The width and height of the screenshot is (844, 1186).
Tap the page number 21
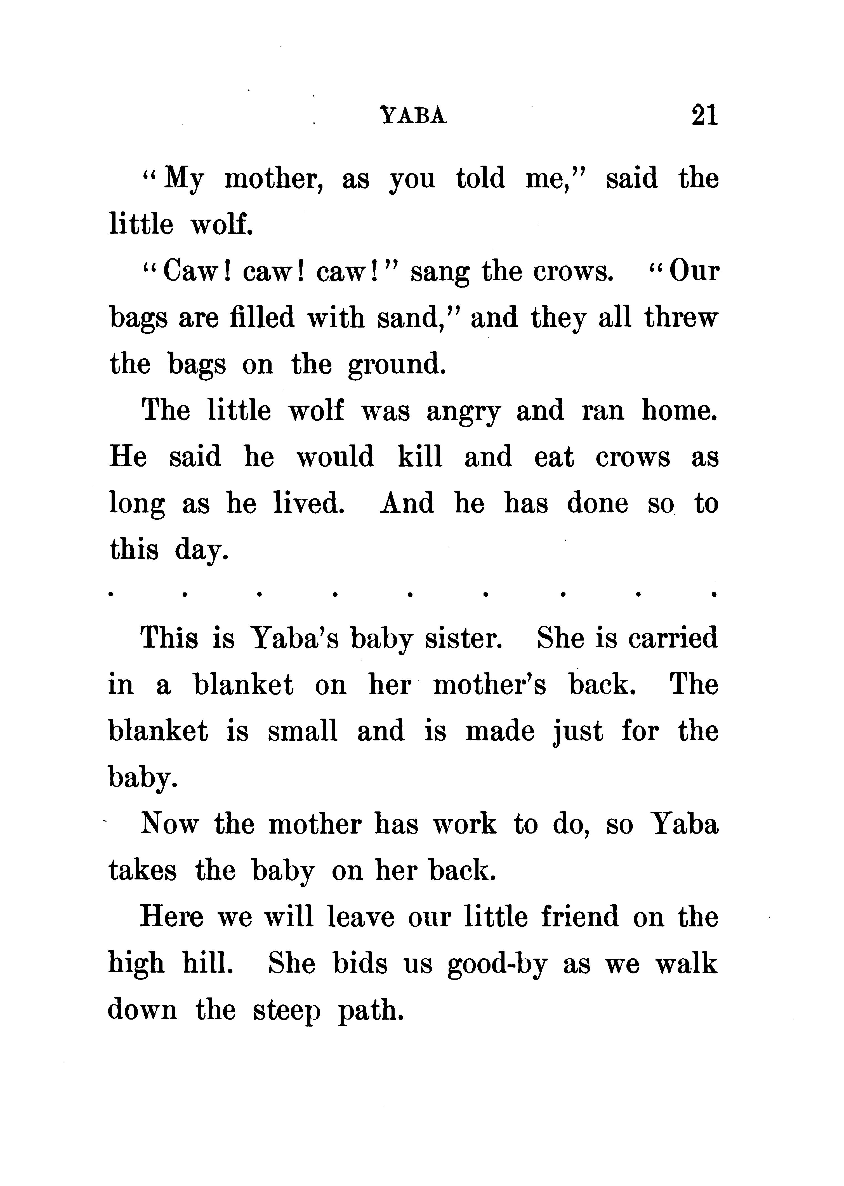704,115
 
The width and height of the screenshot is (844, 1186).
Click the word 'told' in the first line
480,178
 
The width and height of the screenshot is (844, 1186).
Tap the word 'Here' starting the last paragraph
171,917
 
